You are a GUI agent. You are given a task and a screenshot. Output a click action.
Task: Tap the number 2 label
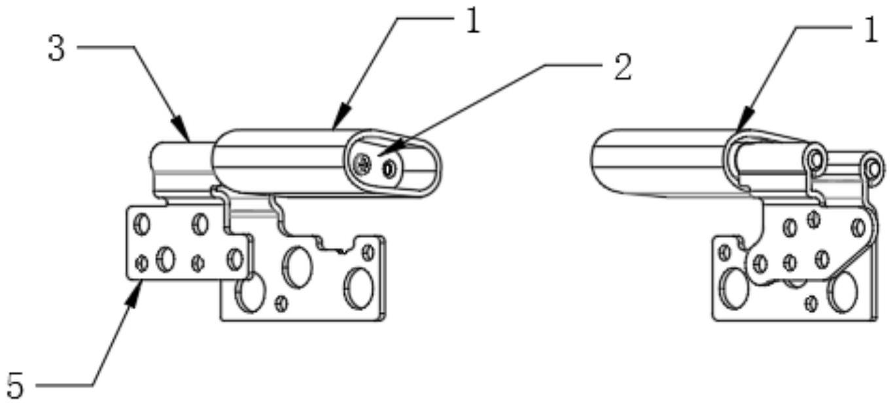click(x=623, y=68)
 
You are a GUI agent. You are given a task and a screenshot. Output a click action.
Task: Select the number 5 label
click(x=16, y=386)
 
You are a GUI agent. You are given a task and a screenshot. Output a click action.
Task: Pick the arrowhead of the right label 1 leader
click(x=744, y=120)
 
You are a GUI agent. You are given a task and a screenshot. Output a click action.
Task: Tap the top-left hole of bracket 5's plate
click(x=143, y=224)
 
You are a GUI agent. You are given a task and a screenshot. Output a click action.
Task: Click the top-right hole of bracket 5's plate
click(x=200, y=224)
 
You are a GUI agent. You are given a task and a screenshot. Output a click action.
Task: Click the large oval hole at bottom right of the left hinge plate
click(x=359, y=288)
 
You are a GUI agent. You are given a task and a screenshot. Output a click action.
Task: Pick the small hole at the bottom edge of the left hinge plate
click(x=282, y=304)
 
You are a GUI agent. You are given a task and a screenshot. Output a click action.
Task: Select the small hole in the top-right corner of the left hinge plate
click(x=368, y=252)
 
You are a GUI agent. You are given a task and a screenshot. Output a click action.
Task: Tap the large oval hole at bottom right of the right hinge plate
click(x=843, y=292)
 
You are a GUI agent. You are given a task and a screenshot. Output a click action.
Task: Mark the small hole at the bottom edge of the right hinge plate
click(x=812, y=303)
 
